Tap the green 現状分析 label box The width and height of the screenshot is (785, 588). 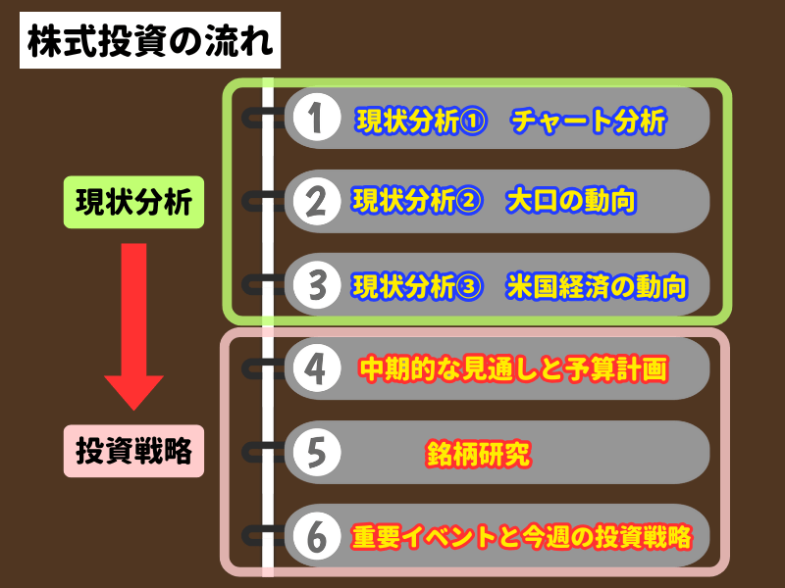pos(133,202)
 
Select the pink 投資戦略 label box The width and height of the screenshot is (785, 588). pos(133,452)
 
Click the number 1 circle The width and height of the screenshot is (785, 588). pos(316,119)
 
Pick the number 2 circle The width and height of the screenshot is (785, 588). pos(316,201)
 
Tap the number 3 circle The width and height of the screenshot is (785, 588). pos(316,285)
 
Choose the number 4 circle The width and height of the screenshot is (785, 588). pos(316,368)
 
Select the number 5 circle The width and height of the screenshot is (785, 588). pos(316,452)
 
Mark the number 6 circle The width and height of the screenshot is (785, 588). pos(316,535)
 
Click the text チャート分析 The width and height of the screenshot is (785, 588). pos(588,121)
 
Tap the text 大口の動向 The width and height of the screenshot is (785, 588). pos(571,202)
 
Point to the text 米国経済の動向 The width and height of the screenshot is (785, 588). pos(596,286)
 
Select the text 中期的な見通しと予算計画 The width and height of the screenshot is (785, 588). pos(513,369)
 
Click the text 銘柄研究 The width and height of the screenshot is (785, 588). pos(478,453)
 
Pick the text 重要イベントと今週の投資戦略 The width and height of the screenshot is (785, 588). pos(522,536)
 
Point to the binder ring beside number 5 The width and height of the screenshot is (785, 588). pos(257,452)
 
